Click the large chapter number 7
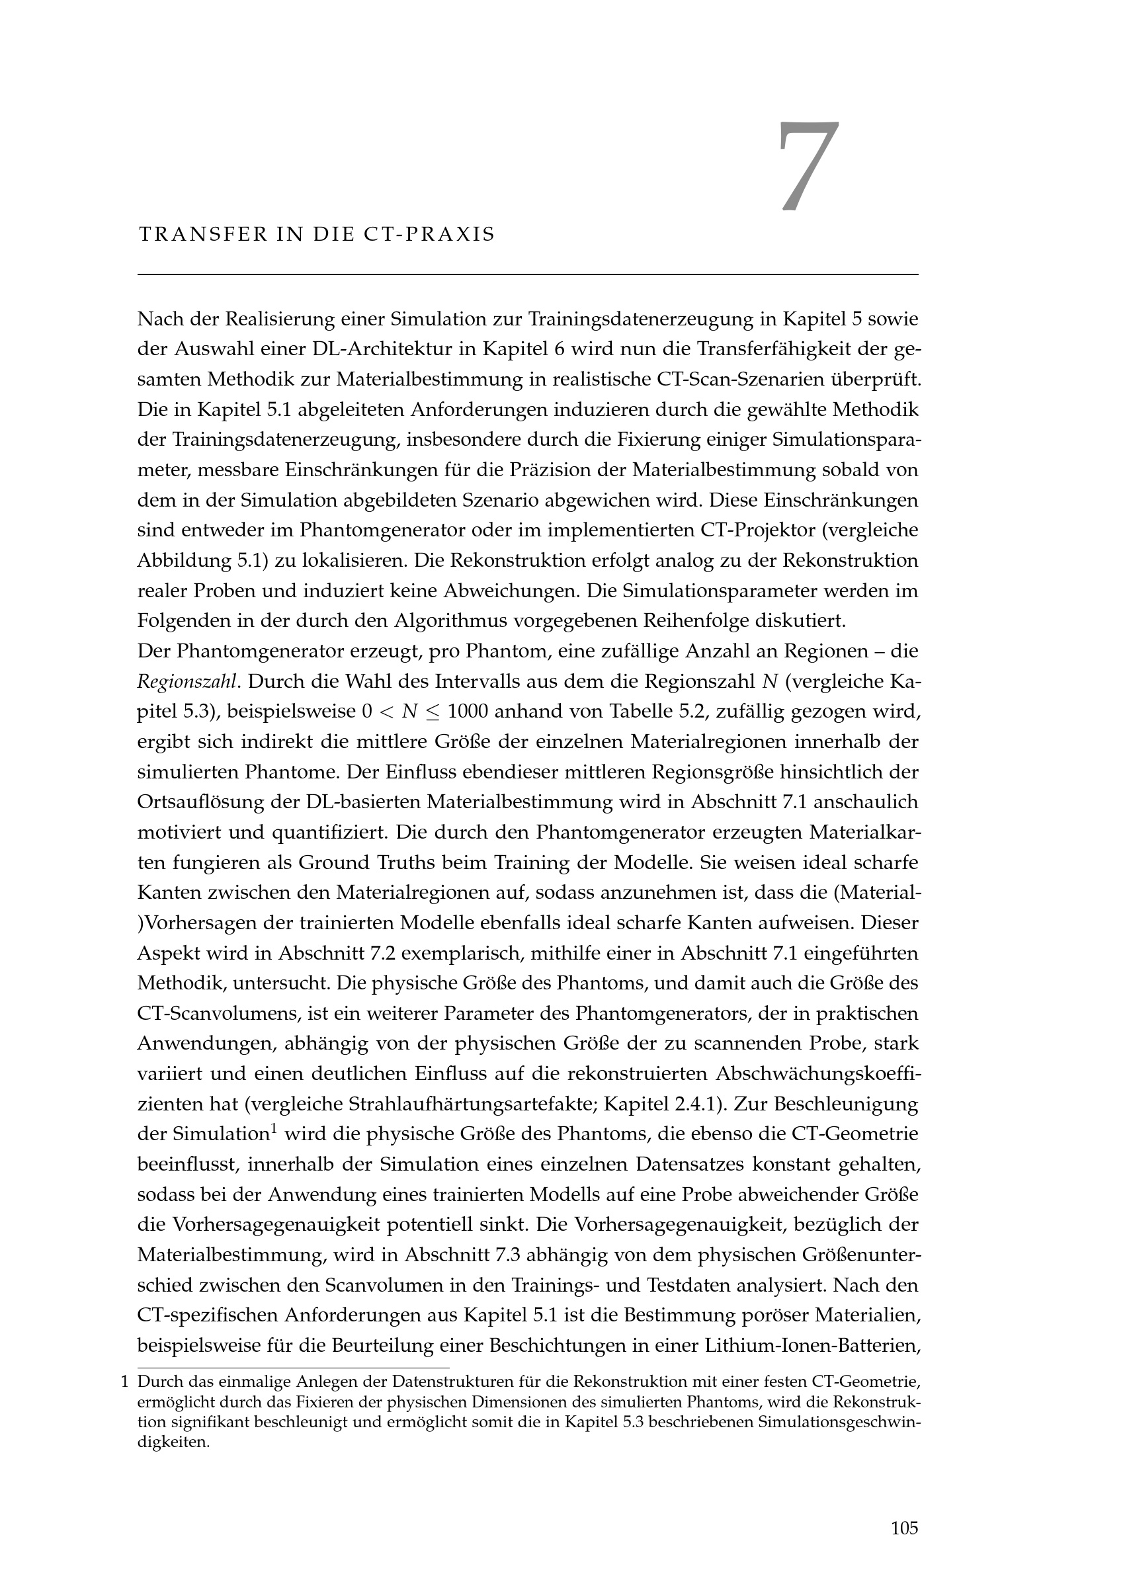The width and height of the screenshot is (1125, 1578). [x=808, y=166]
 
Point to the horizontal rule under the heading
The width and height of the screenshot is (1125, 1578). [x=528, y=275]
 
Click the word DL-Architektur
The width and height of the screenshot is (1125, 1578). [x=382, y=350]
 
